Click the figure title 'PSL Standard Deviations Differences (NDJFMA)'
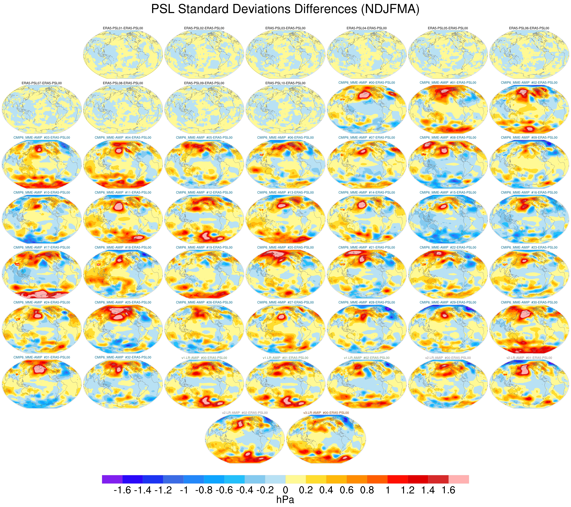click(285, 9)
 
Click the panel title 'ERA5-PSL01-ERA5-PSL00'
click(123, 28)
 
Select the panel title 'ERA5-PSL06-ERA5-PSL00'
click(529, 28)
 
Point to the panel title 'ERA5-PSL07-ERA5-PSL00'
click(42, 83)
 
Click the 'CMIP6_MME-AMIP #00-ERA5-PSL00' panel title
click(367, 83)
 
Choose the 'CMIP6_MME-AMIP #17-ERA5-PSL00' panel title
click(42, 248)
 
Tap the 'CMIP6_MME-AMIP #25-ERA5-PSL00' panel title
click(123, 302)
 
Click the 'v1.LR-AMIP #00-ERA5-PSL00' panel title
click(204, 358)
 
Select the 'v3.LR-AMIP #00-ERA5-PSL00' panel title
click(326, 413)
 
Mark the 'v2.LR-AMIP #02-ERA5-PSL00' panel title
click(245, 413)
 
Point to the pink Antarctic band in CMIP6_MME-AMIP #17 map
click(39, 294)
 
